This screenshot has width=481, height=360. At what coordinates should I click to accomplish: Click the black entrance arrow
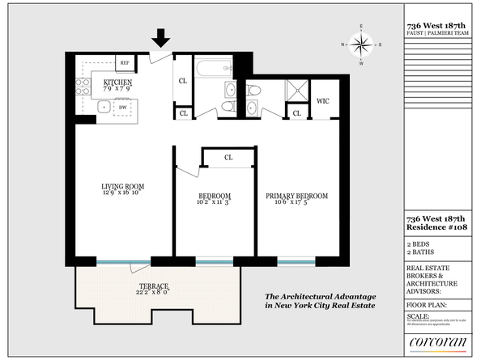pos(161,38)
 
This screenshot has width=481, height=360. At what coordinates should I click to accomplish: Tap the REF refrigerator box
pos(126,62)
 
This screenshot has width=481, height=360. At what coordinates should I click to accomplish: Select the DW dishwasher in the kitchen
pos(122,107)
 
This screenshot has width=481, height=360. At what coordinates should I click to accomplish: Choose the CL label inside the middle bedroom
pos(228,157)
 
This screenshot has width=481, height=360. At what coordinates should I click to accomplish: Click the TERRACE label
pos(153,287)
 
